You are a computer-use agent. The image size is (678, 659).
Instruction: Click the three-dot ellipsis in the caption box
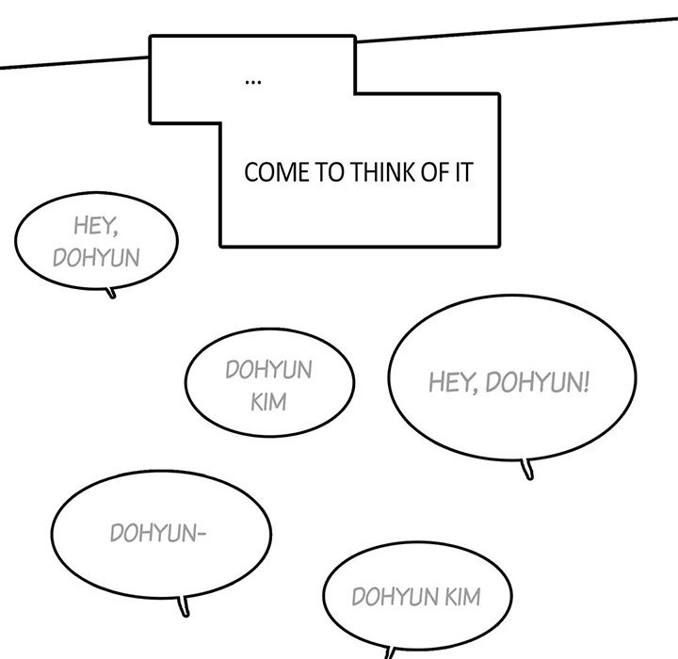pos(252,83)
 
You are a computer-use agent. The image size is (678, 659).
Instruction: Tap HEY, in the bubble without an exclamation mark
pos(96,226)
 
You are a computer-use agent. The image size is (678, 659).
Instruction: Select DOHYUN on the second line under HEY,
pos(96,257)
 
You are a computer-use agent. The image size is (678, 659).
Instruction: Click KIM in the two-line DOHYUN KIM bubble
pos(268,404)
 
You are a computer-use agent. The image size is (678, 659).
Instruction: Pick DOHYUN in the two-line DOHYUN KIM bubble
pos(268,370)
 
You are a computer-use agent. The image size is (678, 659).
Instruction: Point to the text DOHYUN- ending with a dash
pos(157,536)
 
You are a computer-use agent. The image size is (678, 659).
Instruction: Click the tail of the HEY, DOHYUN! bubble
pos(528,468)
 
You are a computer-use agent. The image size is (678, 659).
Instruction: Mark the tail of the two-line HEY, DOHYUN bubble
pos(112,293)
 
